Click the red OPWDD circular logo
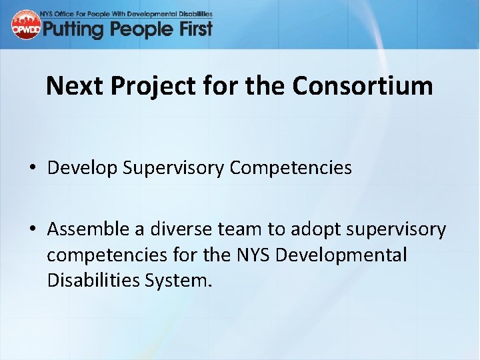click(x=25, y=25)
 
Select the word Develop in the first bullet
click(x=82, y=168)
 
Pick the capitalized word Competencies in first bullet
click(x=291, y=168)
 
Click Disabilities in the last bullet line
click(x=93, y=281)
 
